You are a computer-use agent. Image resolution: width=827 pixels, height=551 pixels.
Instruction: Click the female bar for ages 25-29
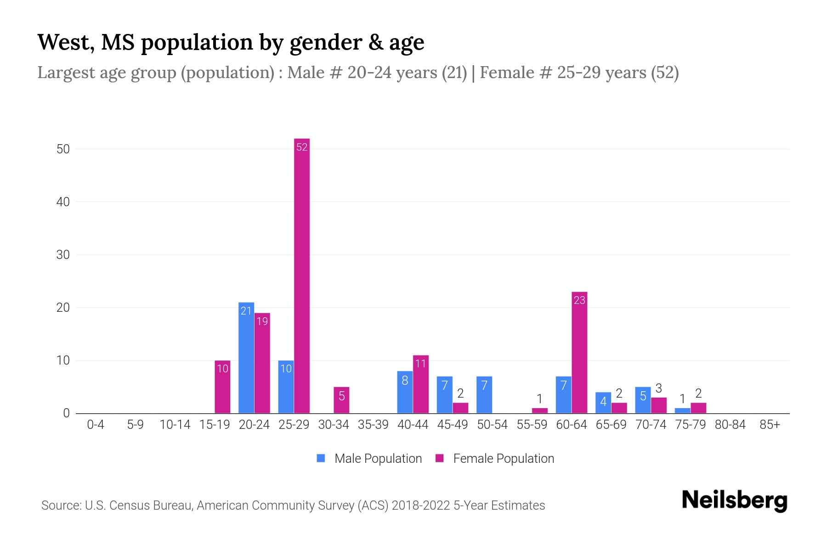[x=302, y=275]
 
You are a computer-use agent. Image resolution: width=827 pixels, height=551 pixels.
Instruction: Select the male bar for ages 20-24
[x=246, y=358]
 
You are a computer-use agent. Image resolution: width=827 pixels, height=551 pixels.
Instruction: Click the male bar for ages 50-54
[x=484, y=395]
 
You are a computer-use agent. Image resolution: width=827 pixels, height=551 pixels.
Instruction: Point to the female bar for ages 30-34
[x=341, y=400]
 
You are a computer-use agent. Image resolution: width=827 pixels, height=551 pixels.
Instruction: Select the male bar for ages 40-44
[x=405, y=393]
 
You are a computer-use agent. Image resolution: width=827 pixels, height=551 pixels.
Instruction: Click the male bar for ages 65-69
[x=603, y=403]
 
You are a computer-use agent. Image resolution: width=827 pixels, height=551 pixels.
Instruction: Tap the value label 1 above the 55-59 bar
[x=540, y=399]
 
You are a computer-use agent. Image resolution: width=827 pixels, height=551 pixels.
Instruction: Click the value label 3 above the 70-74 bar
[x=658, y=388]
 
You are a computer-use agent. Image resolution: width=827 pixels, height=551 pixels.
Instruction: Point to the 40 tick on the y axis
[x=63, y=202]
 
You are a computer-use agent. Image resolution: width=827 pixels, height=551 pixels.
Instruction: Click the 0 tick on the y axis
[x=66, y=413]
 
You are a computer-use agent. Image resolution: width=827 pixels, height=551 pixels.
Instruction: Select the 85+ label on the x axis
[x=770, y=425]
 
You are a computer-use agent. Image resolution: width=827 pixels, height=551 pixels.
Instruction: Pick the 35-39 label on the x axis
[x=373, y=425]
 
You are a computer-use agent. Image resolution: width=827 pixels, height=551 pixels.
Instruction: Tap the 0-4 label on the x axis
[x=96, y=425]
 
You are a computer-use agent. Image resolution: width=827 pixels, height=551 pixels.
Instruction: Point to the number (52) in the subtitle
[x=664, y=73]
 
